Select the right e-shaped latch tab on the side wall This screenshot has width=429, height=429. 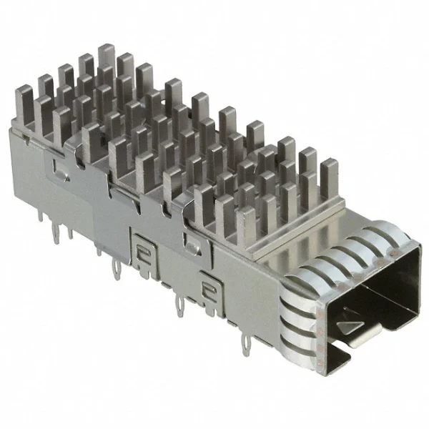click(209, 289)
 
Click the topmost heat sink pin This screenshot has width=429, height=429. click(107, 54)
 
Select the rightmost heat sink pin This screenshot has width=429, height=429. click(329, 172)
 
